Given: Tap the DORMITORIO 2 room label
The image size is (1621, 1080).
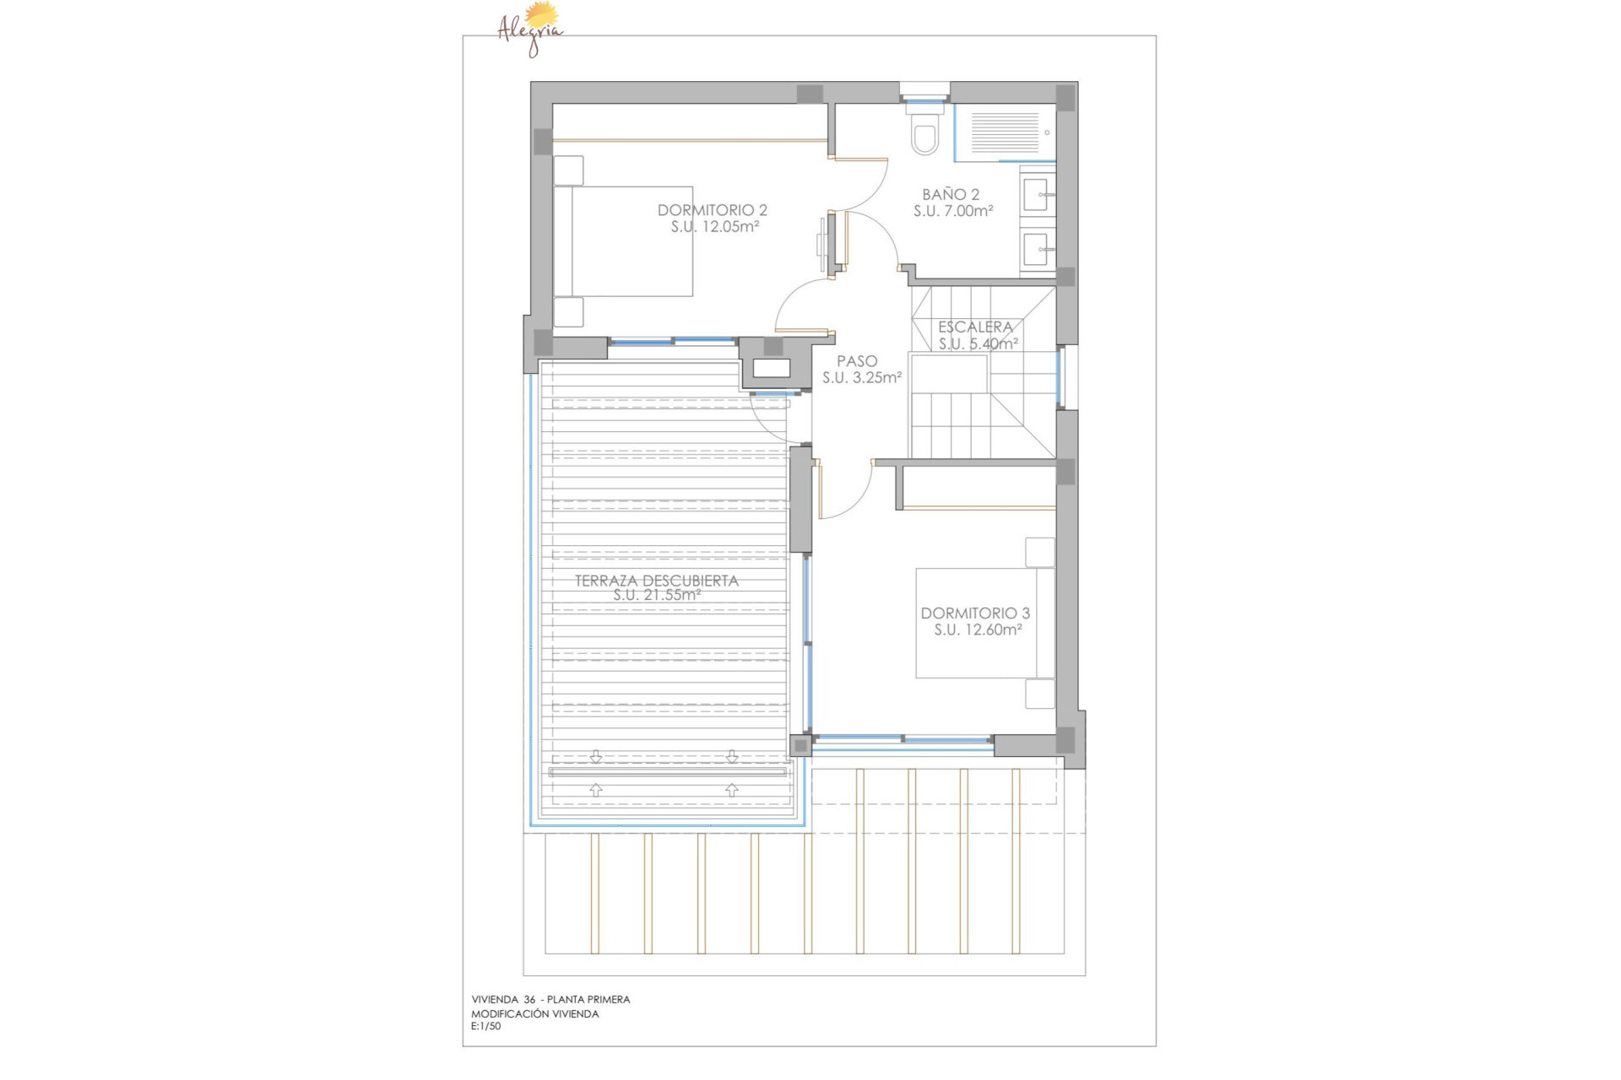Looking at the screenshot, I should click(x=712, y=210).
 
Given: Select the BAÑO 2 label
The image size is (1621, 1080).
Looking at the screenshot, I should click(x=951, y=195).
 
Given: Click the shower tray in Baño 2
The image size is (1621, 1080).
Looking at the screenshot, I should click(x=1005, y=132).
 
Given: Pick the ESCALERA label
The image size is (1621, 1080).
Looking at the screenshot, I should click(x=975, y=327).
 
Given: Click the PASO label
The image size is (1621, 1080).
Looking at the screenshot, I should click(x=857, y=361).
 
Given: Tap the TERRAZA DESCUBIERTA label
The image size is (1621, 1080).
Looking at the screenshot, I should click(x=657, y=580).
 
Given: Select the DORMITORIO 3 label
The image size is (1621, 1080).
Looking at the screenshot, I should click(x=975, y=613).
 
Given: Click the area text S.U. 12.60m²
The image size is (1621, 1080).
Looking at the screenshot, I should click(x=978, y=630).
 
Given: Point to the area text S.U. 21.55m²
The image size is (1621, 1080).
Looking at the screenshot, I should click(x=657, y=595).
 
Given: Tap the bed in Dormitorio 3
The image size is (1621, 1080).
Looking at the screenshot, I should click(x=979, y=624).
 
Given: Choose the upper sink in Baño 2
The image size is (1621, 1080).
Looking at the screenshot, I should click(x=1038, y=195).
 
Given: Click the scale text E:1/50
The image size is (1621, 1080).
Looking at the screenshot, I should click(x=486, y=1027).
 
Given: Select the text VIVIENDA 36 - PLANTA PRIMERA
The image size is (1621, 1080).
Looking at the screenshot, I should click(x=550, y=1000).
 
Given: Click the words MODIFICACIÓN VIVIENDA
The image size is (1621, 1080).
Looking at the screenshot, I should click(x=535, y=1014).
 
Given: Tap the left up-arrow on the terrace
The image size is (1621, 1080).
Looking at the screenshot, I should click(x=596, y=790).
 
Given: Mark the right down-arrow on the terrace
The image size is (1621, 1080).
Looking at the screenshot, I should click(x=732, y=757).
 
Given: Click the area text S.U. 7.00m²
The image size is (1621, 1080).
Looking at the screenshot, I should click(x=953, y=212).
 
